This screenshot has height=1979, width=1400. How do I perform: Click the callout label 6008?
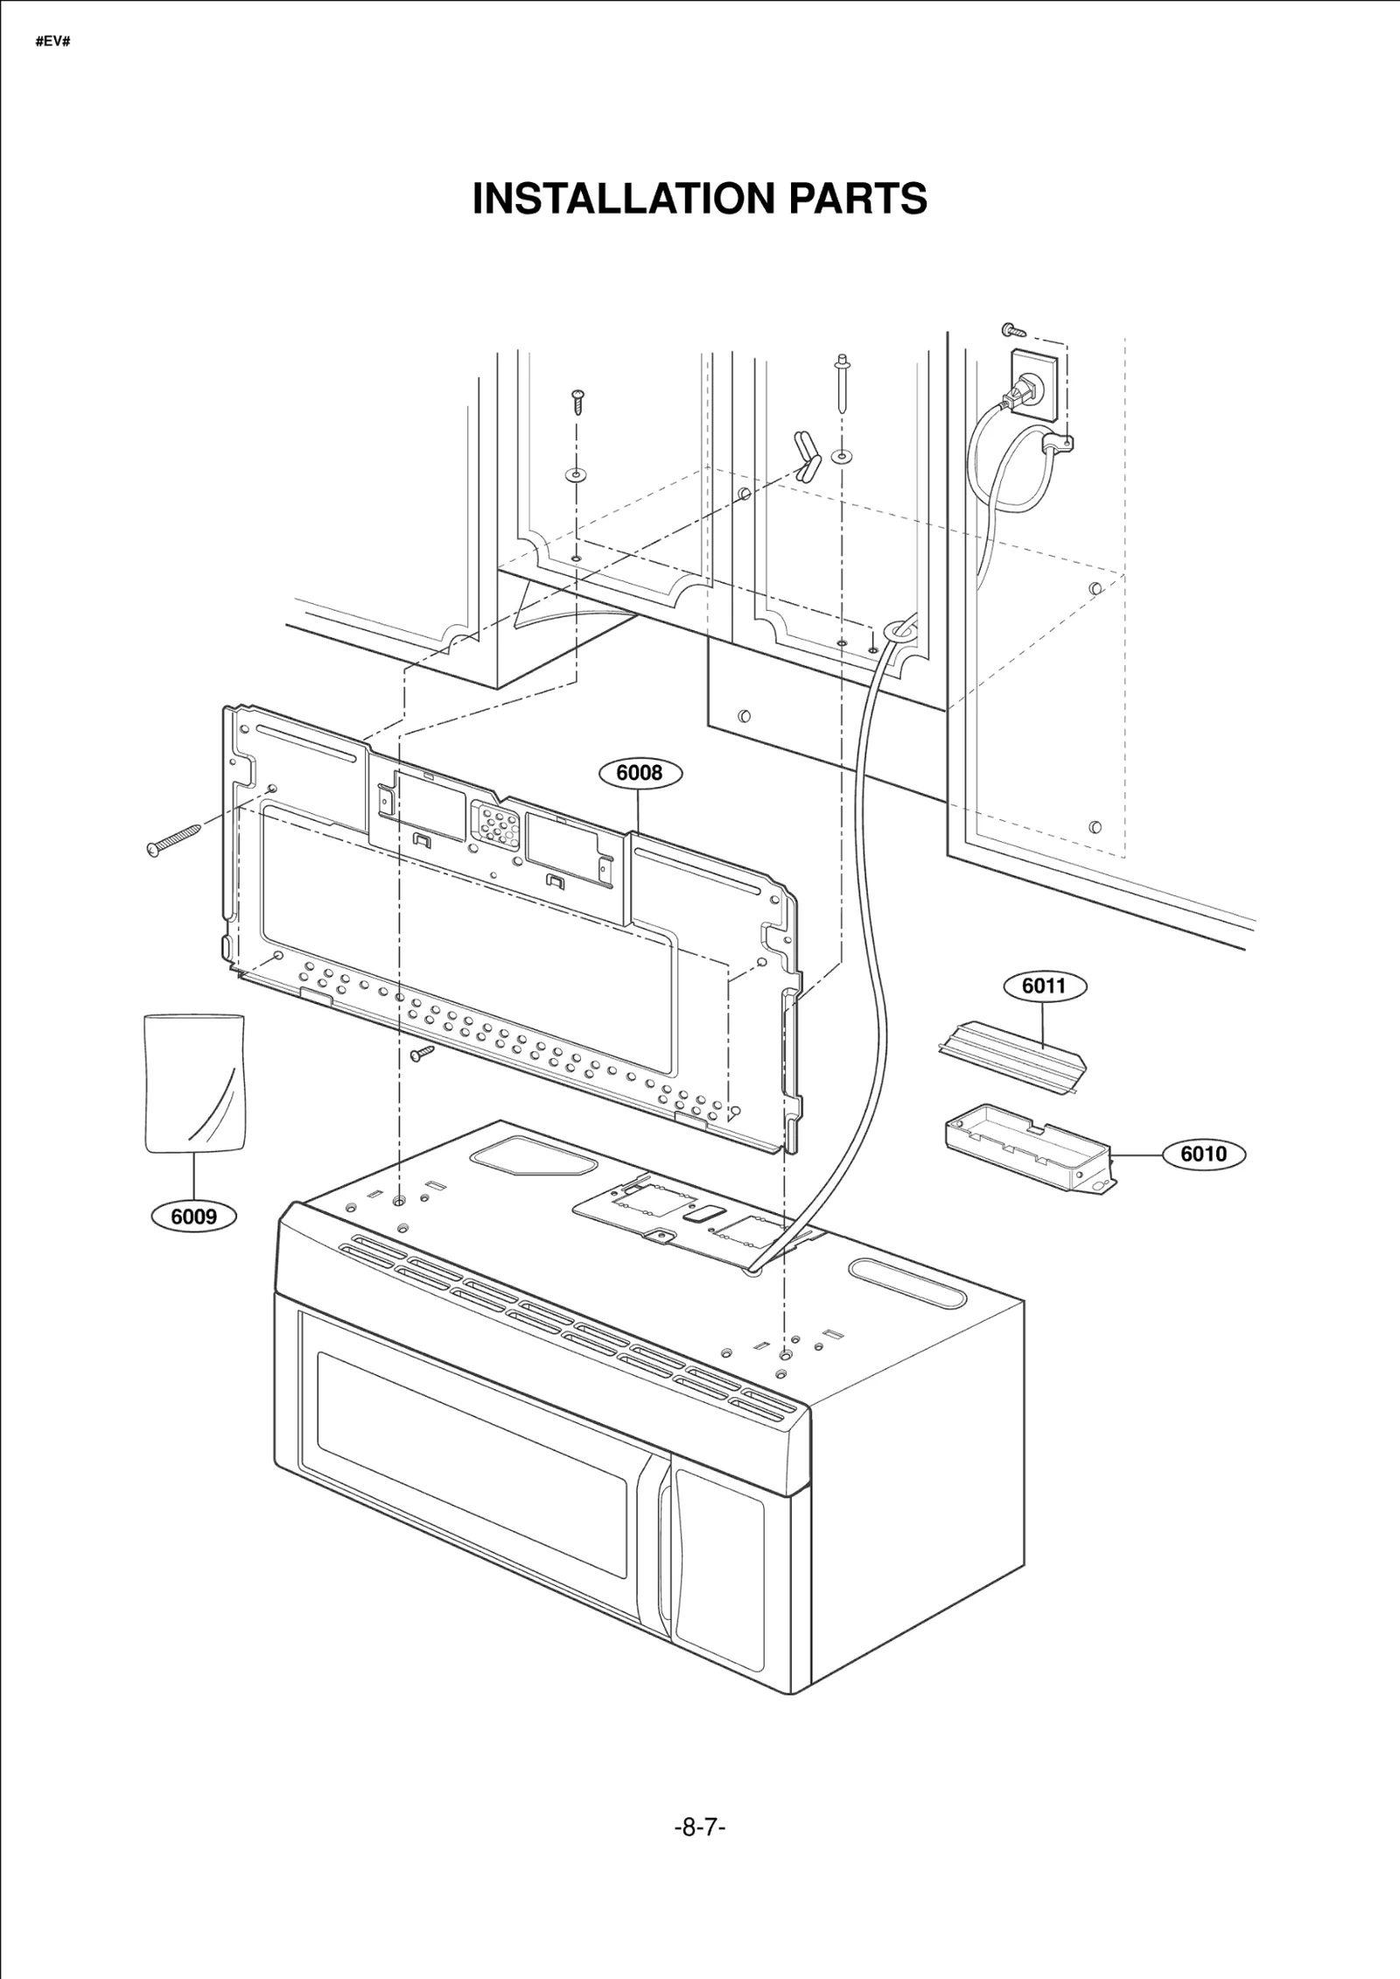(640, 774)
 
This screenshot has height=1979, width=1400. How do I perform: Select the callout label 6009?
(193, 1217)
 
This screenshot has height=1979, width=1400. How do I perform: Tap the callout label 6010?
(1203, 1154)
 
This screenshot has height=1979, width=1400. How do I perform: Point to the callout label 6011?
(1044, 986)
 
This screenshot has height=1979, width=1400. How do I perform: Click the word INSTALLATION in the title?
(624, 200)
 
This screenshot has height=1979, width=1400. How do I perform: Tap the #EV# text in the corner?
(52, 41)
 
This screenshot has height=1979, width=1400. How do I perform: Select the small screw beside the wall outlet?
(1014, 331)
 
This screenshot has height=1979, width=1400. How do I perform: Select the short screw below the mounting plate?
(423, 1053)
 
